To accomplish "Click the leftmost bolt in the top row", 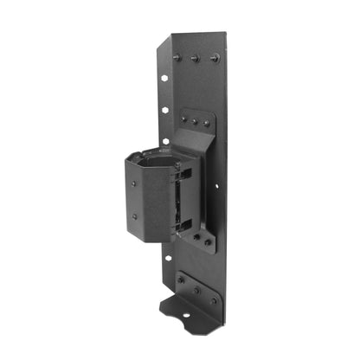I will pos(177,57).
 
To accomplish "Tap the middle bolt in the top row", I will pos(195,58).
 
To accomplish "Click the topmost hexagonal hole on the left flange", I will pos(164,77).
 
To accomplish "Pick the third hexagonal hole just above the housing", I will pos(164,139).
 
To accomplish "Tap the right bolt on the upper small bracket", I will pos(206,122).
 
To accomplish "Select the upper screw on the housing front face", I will pos(134,183).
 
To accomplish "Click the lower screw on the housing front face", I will pos(134,216).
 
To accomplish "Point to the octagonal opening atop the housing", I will pos(156,160).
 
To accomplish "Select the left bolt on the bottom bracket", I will pos(180,280).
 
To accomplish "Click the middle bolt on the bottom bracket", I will pos(196,290).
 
